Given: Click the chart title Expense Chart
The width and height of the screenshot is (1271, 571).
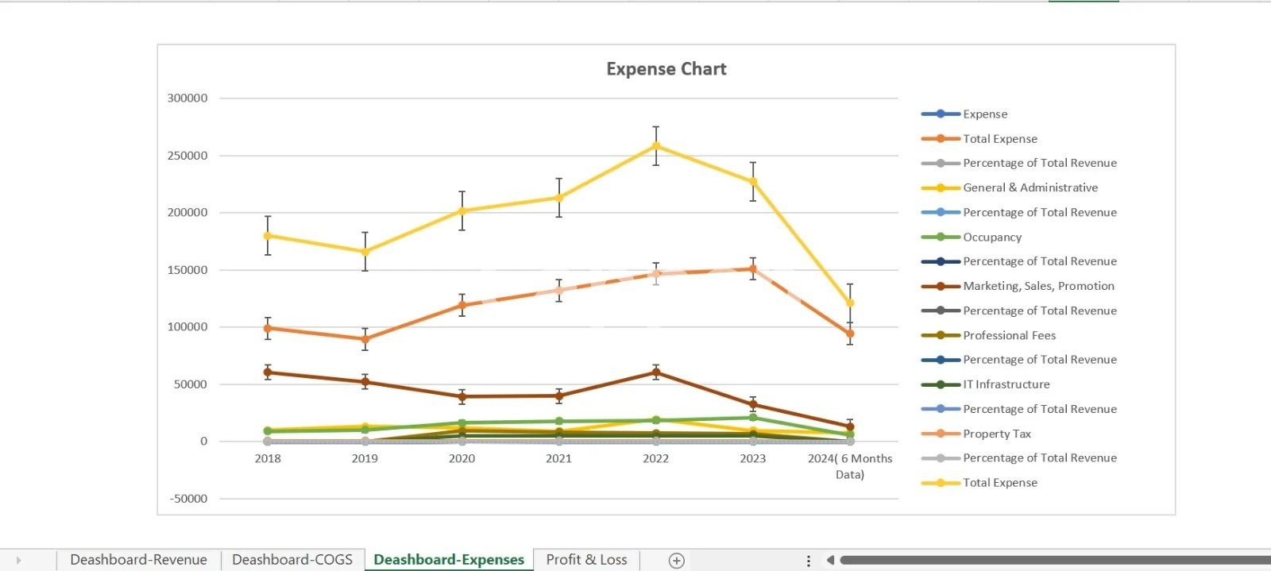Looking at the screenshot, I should pyautogui.click(x=666, y=69).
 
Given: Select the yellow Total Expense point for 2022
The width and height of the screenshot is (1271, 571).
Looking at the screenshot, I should pyautogui.click(x=655, y=146).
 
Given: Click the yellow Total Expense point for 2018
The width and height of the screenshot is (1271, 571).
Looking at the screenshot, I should pyautogui.click(x=268, y=236).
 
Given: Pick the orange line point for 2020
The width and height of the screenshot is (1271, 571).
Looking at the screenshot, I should pyautogui.click(x=462, y=305).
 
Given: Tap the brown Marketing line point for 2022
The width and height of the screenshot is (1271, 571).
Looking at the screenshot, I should pyautogui.click(x=655, y=372).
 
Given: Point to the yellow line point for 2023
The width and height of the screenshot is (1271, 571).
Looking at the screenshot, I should pyautogui.click(x=753, y=182).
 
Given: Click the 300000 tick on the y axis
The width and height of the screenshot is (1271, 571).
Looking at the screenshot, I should pyautogui.click(x=187, y=98).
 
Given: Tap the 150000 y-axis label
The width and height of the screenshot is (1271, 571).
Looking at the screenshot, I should pyautogui.click(x=187, y=270).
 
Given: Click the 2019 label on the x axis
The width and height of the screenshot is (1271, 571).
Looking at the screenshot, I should pyautogui.click(x=365, y=458).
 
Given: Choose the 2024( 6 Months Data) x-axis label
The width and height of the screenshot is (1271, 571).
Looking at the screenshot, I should pyautogui.click(x=850, y=466).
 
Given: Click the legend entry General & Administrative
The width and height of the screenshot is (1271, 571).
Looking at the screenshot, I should pyautogui.click(x=1030, y=187).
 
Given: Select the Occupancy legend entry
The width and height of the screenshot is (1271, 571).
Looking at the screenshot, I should pyautogui.click(x=992, y=237).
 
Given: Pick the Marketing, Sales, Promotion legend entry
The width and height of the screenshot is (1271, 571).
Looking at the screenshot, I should pyautogui.click(x=1038, y=286).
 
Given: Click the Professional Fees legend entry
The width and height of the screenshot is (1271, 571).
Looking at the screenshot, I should pyautogui.click(x=1009, y=335).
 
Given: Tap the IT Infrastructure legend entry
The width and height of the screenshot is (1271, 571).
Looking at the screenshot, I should pyautogui.click(x=1006, y=384).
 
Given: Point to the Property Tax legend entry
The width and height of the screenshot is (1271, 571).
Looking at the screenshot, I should pyautogui.click(x=996, y=434).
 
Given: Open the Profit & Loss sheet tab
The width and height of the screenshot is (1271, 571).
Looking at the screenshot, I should pyautogui.click(x=586, y=560).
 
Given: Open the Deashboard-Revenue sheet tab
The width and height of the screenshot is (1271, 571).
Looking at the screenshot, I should pyautogui.click(x=138, y=560).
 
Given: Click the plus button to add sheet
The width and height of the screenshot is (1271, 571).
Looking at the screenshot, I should pyautogui.click(x=677, y=561).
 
